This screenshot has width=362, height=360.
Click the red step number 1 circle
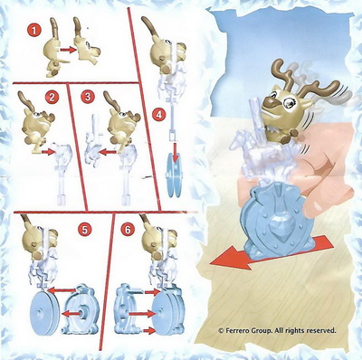tap(34, 30)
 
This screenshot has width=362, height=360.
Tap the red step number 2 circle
tap(52, 97)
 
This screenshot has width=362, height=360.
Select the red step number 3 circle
tap(88, 97)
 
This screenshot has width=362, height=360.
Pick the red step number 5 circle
tap(84, 230)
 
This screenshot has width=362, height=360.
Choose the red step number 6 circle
tap(128, 230)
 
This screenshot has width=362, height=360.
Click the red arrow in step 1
tap(69, 49)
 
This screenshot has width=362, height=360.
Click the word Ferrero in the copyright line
tap(238, 330)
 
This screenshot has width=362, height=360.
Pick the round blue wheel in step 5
tap(45, 311)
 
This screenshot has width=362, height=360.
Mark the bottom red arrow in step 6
tap(149, 331)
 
